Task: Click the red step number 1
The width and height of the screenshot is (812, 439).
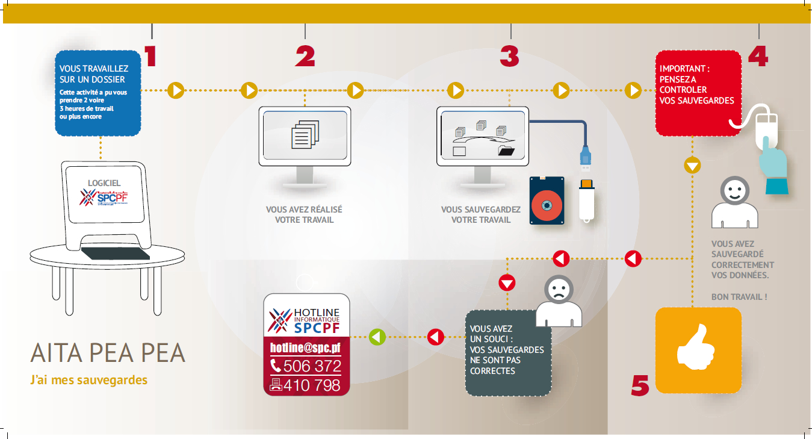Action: tap(150, 55)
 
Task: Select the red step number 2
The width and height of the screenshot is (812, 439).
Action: tap(305, 56)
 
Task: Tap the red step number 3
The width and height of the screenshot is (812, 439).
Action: tap(509, 56)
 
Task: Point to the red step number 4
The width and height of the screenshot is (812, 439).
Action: tap(758, 56)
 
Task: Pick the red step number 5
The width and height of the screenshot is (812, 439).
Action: tap(640, 385)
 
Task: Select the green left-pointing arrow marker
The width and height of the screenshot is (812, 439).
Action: tap(377, 337)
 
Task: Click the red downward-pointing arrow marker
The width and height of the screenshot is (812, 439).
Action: tap(507, 282)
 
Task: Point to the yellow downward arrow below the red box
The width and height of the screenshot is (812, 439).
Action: tap(693, 164)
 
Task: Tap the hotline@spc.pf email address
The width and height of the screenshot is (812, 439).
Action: tap(306, 347)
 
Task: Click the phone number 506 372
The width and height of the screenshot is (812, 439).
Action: tap(306, 366)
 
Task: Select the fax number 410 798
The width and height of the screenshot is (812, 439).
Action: tap(306, 385)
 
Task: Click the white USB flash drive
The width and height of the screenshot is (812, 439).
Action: tap(587, 199)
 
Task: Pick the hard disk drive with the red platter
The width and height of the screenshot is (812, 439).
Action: tap(547, 201)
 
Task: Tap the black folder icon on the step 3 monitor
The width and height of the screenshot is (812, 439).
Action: tap(506, 151)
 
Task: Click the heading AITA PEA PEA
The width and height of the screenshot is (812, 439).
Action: tap(108, 353)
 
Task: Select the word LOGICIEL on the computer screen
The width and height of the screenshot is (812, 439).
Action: tap(104, 182)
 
